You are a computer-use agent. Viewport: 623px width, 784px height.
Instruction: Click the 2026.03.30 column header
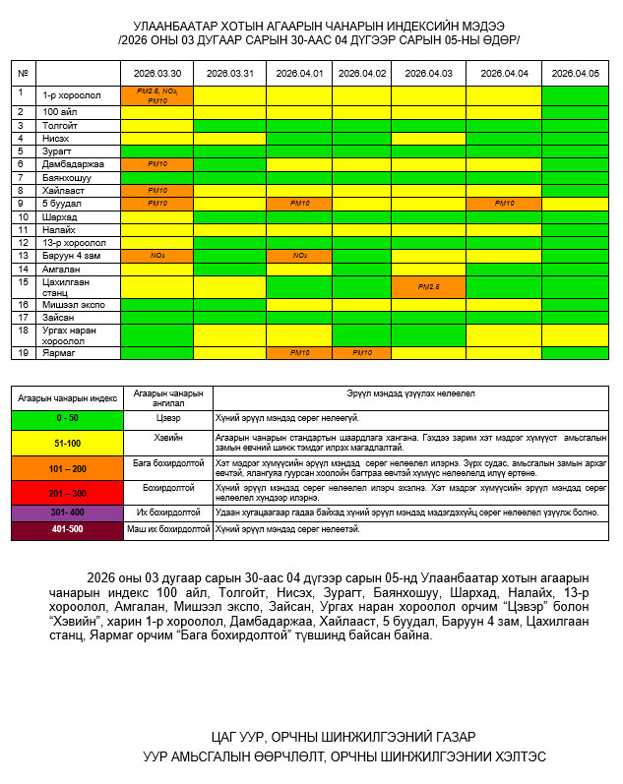(156, 74)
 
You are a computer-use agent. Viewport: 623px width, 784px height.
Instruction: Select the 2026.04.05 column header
(575, 74)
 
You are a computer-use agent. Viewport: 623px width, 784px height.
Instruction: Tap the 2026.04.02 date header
(361, 74)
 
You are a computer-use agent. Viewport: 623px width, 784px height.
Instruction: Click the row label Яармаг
(58, 352)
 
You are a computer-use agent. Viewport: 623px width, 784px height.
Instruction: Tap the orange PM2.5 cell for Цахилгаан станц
(427, 287)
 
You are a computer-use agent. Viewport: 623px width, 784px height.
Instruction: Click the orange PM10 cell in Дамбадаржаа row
(156, 164)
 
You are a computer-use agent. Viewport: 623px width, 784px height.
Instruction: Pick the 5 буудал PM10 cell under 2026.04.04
(504, 203)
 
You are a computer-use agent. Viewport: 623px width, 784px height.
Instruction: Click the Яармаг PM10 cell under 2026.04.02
(361, 352)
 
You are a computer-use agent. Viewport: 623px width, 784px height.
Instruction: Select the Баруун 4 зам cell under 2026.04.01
(299, 256)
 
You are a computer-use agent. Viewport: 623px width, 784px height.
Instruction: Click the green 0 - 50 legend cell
(67, 418)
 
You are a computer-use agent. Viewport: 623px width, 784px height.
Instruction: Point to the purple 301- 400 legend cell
(67, 513)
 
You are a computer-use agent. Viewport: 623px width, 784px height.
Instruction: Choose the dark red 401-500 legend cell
(67, 530)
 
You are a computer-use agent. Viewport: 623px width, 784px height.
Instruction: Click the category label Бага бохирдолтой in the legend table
(167, 462)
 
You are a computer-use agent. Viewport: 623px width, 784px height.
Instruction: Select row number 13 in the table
(22, 256)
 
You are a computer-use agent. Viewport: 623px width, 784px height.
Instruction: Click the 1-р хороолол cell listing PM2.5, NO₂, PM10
(156, 95)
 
